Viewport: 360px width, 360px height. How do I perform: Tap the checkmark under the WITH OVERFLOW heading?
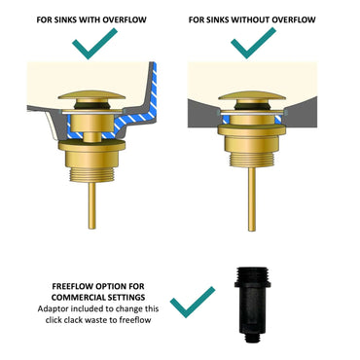pyautogui.click(x=96, y=45)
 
